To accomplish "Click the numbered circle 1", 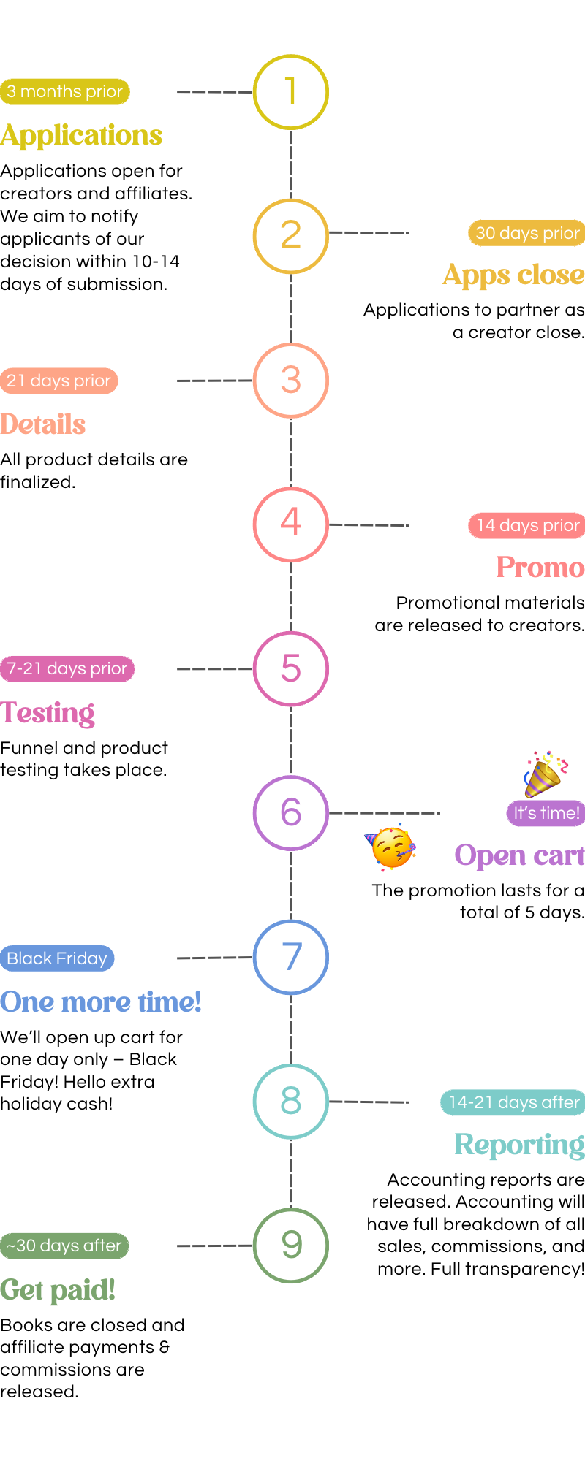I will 291,92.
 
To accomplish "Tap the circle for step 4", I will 291,524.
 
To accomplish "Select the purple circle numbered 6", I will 291,812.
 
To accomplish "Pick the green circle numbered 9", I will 291,1245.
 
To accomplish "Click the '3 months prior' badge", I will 65,91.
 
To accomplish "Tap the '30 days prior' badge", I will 526,233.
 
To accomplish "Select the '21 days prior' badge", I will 58,381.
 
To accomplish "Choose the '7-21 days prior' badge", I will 67,668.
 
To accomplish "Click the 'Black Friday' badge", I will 57,958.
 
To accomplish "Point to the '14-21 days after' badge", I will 513,1102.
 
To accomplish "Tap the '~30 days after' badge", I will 64,1246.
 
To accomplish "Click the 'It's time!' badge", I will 546,813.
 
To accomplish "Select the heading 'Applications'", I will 81,136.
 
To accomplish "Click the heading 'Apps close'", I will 513,275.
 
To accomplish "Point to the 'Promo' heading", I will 540,568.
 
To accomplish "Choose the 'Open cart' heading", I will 519,855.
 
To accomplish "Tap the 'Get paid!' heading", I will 58,1290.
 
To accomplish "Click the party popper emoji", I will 545,774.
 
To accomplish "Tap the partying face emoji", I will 391,847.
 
